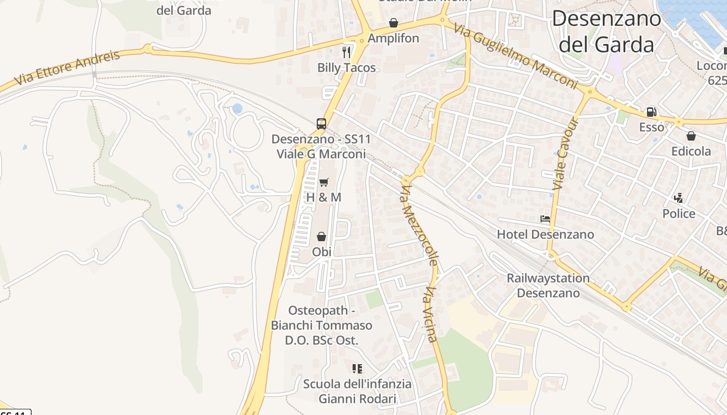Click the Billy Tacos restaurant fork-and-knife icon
[347, 52]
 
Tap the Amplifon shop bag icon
[394, 23]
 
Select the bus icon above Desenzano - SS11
[321, 123]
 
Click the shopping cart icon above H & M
[324, 182]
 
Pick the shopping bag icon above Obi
[321, 237]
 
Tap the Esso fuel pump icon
[651, 112]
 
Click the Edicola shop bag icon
[691, 136]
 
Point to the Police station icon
[678, 198]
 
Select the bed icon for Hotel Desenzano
[545, 219]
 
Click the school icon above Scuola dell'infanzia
[357, 369]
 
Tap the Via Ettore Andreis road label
[68, 67]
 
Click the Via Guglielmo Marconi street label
[515, 56]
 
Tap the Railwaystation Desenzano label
[548, 285]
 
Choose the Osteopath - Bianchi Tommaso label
[321, 325]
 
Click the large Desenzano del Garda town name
[607, 32]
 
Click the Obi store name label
[321, 252]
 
